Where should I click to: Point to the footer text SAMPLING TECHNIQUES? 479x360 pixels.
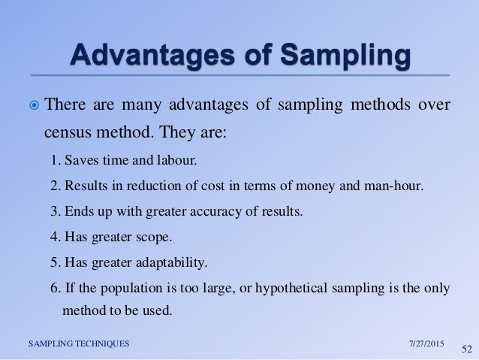point(78,343)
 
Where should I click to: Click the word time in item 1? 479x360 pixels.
point(109,161)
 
